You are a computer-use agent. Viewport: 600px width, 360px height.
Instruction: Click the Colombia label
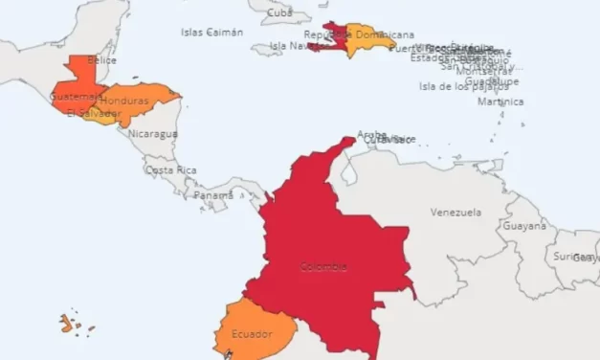tap(322, 267)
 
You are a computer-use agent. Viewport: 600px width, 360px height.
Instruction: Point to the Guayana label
tap(524, 227)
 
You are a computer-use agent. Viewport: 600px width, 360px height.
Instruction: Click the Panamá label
tap(212, 194)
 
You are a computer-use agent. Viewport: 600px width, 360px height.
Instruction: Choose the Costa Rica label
tap(171, 170)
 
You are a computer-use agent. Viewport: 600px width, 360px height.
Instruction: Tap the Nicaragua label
tap(152, 134)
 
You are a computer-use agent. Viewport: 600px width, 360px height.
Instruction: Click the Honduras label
tap(124, 101)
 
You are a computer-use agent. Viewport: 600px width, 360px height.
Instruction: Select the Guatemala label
tap(75, 97)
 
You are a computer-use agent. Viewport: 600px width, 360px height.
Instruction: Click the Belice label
tap(101, 59)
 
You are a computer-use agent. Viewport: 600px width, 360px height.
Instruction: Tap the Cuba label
tap(279, 12)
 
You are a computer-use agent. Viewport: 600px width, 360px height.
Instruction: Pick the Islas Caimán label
tap(211, 32)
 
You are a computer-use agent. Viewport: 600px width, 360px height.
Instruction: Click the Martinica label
tap(500, 101)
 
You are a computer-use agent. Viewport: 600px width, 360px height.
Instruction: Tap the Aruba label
tap(371, 134)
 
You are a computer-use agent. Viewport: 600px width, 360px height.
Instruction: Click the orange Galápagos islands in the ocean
tap(66, 324)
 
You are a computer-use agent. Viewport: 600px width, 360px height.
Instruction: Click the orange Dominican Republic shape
tap(368, 39)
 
